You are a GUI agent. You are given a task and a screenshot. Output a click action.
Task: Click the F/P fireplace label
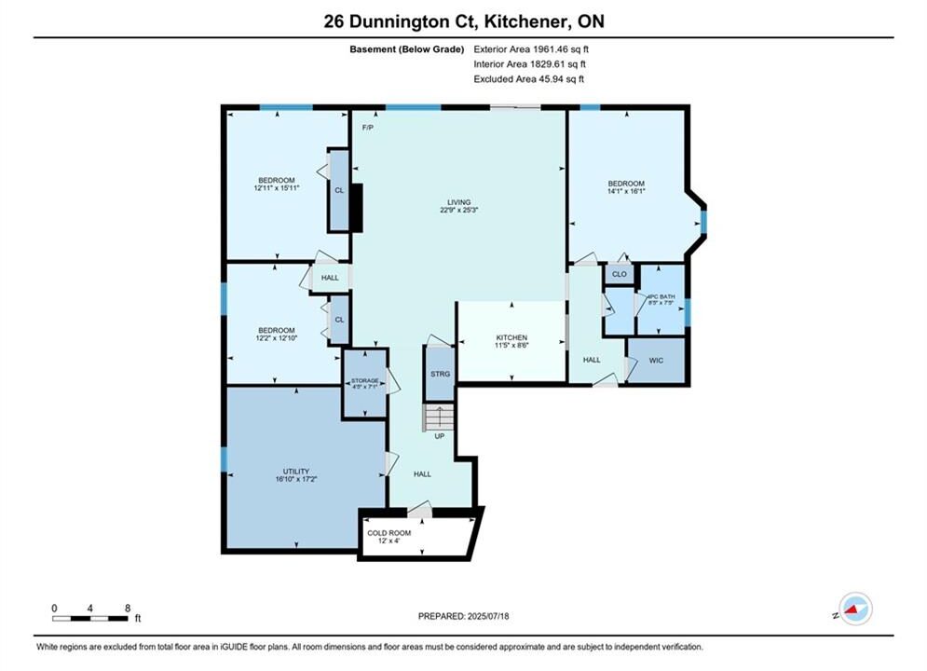[x=368, y=128]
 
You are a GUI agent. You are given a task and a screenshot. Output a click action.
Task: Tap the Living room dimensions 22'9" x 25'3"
[x=458, y=210]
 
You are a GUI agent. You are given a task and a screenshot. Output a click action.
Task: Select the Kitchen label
[x=511, y=337]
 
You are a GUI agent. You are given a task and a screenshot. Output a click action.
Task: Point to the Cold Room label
[x=389, y=533]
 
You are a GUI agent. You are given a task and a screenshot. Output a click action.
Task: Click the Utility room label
[x=296, y=472]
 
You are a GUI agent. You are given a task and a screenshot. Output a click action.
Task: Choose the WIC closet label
[x=656, y=360]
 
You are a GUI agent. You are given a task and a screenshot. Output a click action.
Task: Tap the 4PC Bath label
[x=661, y=296]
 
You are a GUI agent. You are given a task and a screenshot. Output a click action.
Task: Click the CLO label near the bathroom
[x=619, y=274]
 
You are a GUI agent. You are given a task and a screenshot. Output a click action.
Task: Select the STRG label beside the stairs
[x=440, y=375]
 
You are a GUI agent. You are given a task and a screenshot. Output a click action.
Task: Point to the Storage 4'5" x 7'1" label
[x=365, y=384]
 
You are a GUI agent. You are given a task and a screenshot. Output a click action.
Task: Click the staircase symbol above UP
[x=439, y=418]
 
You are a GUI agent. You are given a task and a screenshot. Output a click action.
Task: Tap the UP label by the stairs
[x=439, y=436]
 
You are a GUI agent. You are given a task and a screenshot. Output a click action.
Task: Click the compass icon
[x=855, y=609]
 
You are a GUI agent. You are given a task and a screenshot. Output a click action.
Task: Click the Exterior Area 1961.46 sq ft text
[x=531, y=49]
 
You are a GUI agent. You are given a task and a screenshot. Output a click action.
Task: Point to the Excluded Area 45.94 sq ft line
[x=528, y=79]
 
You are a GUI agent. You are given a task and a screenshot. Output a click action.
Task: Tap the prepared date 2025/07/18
[x=488, y=616]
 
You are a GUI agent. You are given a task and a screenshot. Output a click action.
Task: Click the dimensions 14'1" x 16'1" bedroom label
[x=626, y=192]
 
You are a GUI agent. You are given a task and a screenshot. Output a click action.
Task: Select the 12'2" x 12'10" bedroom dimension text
[x=276, y=338]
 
